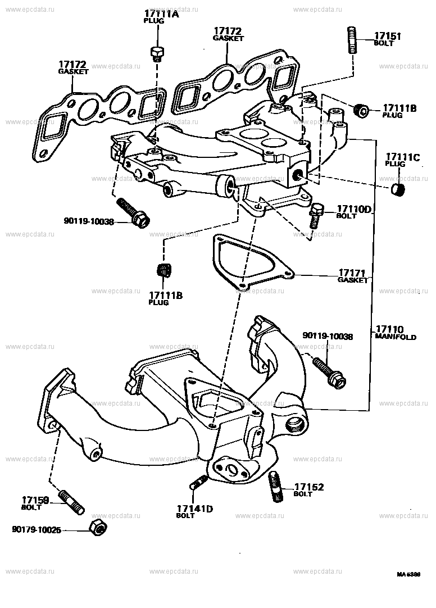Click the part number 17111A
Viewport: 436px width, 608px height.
coord(161,14)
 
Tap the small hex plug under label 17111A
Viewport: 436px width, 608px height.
coord(157,53)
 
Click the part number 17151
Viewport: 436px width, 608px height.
coord(387,36)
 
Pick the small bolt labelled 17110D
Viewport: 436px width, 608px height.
coord(315,214)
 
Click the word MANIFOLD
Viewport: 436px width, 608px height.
coord(396,337)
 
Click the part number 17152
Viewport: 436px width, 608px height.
coord(309,487)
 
